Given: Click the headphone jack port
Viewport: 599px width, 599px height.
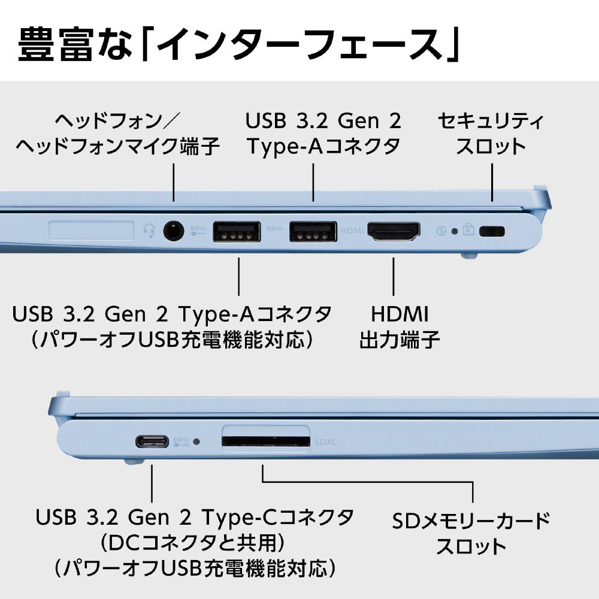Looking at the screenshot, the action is click(x=174, y=231).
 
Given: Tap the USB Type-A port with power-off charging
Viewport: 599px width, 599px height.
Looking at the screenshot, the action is click(x=237, y=231).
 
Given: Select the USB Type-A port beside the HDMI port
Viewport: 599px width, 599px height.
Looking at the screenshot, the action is click(x=313, y=231).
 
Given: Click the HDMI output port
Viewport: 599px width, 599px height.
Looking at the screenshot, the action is click(x=394, y=231).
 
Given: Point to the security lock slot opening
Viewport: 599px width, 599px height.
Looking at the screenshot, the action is click(x=492, y=231).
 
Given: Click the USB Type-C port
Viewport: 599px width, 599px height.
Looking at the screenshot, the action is click(x=152, y=441).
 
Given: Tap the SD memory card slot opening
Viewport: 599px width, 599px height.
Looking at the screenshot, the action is click(x=266, y=441).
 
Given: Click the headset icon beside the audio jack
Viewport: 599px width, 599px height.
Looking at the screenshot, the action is click(x=149, y=231).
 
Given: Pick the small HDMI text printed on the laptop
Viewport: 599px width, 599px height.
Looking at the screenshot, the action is click(x=352, y=231).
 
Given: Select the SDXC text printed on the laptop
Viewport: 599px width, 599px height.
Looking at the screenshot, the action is click(x=326, y=442).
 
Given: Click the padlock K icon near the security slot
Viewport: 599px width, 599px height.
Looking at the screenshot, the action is click(x=468, y=229).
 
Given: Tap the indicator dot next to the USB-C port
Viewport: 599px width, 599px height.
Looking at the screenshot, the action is click(x=196, y=441).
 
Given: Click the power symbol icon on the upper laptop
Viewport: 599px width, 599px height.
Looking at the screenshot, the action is click(x=441, y=231).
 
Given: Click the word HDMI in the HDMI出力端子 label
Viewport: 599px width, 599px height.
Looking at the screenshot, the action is click(x=400, y=314).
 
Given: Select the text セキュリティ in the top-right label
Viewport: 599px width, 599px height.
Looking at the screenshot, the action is click(x=491, y=121).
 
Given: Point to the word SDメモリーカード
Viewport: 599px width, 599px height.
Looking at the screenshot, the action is click(x=471, y=521).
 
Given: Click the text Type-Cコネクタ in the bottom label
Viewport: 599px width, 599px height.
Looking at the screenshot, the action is click(x=278, y=518).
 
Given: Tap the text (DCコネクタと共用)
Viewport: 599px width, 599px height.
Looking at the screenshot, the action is click(x=192, y=543).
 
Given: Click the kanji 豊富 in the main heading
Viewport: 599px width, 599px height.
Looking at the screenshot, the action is click(x=56, y=44).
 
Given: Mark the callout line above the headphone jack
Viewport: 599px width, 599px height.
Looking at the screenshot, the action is click(x=174, y=183).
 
